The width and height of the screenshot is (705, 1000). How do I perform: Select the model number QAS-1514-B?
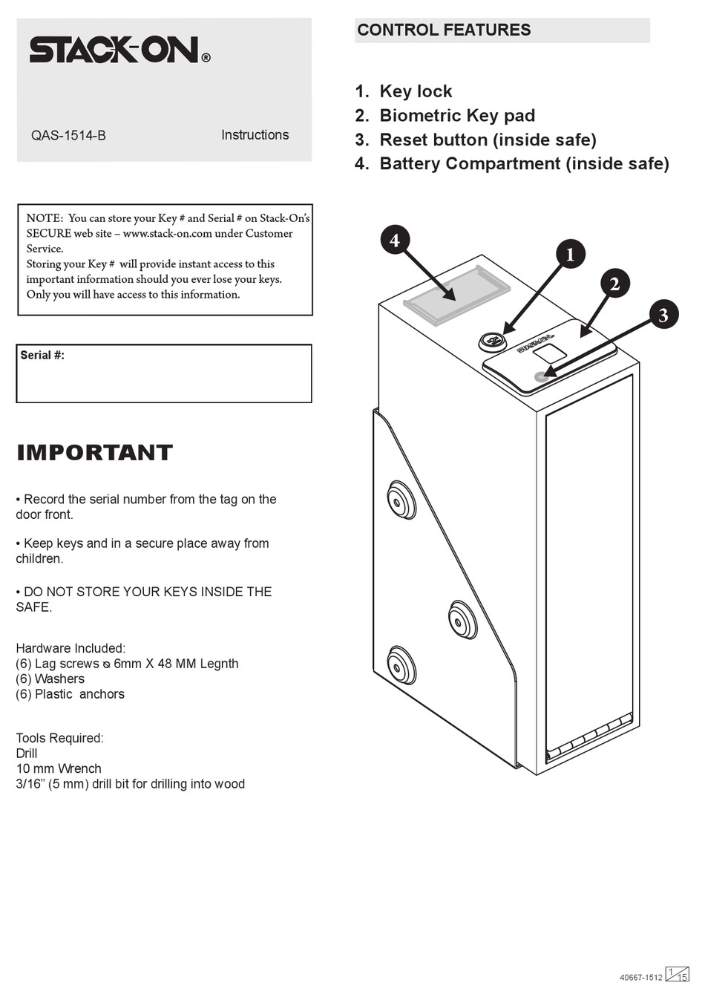click(68, 136)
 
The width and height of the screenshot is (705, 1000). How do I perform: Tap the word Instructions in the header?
click(255, 135)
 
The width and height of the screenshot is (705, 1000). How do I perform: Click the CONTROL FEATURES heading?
click(444, 30)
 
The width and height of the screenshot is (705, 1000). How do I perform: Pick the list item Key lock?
click(415, 91)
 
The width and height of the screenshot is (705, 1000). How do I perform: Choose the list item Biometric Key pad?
click(456, 116)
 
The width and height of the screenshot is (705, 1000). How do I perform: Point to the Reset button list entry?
click(487, 140)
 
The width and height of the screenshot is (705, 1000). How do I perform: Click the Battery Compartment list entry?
click(523, 163)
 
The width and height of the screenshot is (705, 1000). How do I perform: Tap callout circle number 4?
click(395, 240)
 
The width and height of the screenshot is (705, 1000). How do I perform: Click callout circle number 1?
click(570, 255)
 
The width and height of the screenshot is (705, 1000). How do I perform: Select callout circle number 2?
click(614, 284)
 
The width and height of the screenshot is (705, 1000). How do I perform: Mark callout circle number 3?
click(663, 315)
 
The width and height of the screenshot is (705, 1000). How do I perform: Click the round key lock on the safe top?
click(491, 341)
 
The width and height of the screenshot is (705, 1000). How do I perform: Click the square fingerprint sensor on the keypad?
click(548, 352)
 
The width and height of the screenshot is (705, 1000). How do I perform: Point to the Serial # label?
click(42, 356)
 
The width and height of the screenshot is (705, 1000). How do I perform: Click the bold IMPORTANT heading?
click(95, 452)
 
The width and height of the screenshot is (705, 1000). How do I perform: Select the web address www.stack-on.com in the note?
click(167, 234)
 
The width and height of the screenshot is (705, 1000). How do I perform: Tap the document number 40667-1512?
click(640, 978)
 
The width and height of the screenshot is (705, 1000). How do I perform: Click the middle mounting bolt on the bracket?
click(462, 620)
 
